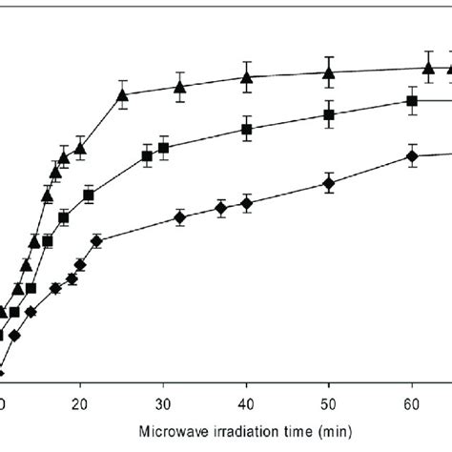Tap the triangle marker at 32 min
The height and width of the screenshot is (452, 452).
pos(179,87)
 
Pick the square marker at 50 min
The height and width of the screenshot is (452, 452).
pos(329,114)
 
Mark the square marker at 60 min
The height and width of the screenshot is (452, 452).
pos(412,101)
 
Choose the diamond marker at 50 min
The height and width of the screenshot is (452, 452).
pos(329,183)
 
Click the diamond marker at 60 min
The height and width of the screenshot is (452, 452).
pos(412,156)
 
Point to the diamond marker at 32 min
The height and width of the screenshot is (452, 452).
pos(179,218)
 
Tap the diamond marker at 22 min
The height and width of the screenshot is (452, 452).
pos(97,240)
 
